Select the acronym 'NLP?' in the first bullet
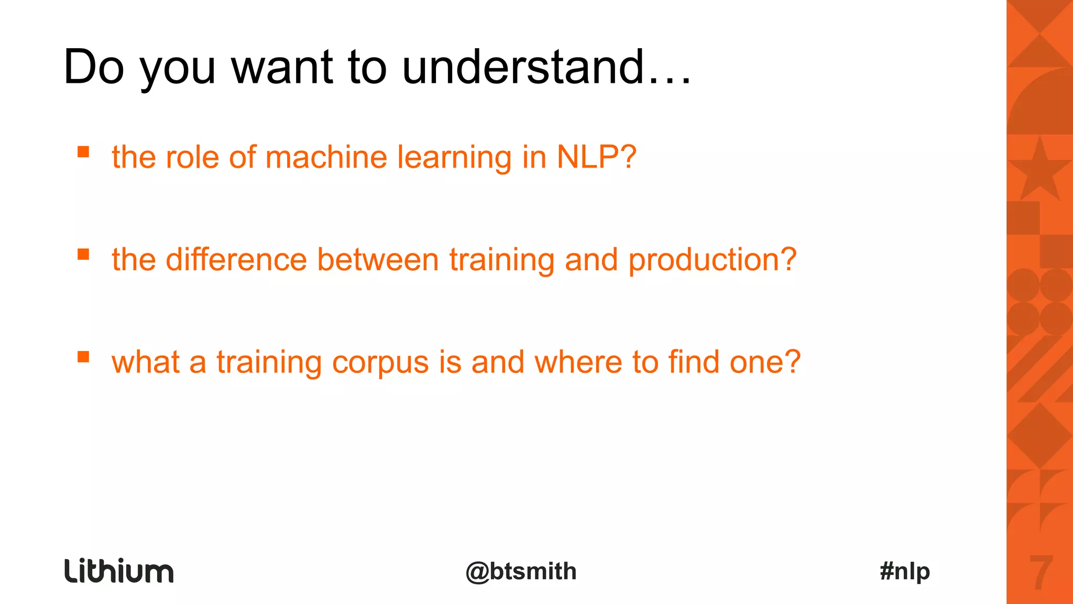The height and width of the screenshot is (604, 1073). click(596, 157)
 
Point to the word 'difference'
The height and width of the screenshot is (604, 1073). click(236, 259)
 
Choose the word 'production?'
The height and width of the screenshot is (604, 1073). click(713, 260)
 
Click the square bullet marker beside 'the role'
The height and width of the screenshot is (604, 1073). click(83, 152)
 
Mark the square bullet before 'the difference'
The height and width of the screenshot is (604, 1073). click(83, 255)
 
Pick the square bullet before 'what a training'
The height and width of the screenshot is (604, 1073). click(83, 357)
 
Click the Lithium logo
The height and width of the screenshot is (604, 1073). click(119, 570)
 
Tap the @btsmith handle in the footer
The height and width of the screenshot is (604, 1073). click(521, 571)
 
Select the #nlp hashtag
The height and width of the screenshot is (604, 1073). click(905, 571)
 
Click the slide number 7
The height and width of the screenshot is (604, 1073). click(1041, 572)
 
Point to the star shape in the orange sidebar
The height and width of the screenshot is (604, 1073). click(1039, 170)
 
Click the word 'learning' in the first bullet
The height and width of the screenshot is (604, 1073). click(454, 158)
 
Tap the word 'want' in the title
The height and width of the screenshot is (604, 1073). click(282, 67)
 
